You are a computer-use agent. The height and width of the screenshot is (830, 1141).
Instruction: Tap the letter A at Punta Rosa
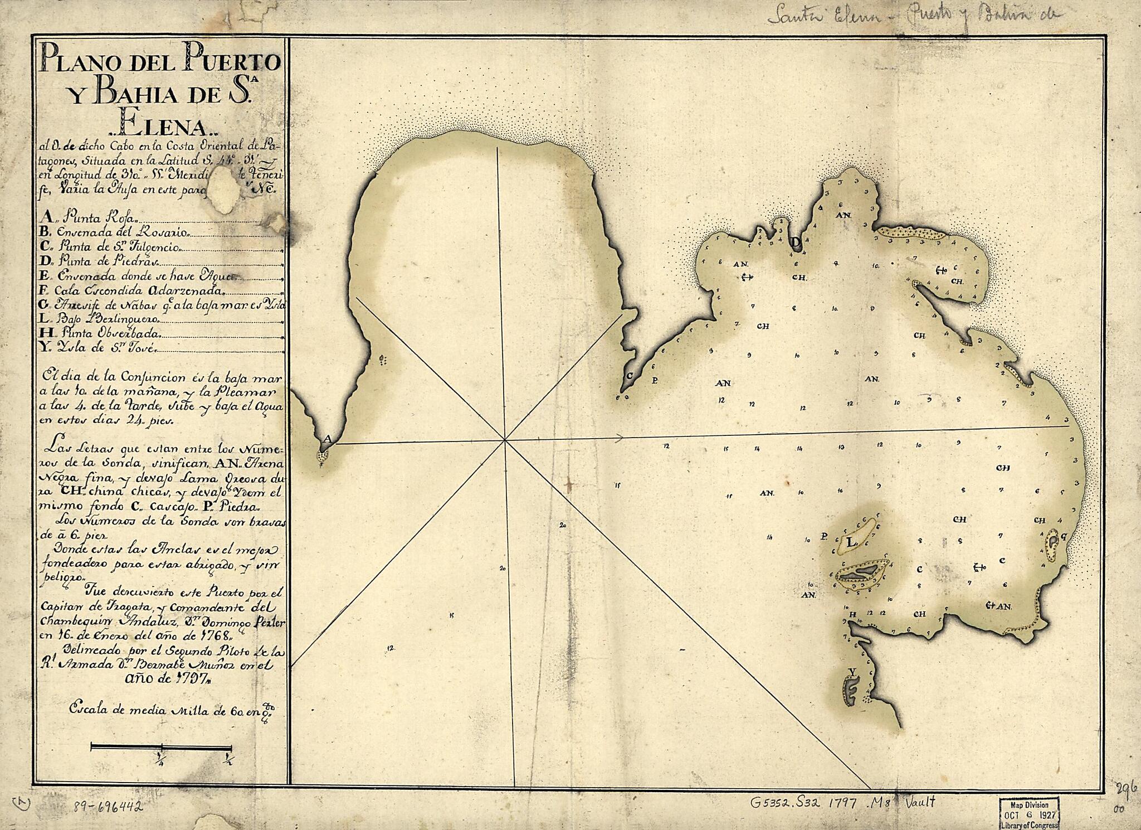[328, 439]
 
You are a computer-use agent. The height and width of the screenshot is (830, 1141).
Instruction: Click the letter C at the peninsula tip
[630, 375]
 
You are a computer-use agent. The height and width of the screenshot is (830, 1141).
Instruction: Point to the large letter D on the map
[796, 241]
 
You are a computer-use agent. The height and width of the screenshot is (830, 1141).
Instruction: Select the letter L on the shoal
[851, 542]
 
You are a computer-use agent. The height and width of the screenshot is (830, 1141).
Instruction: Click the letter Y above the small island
[851, 671]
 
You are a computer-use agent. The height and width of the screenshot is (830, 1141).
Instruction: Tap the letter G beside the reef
[1064, 536]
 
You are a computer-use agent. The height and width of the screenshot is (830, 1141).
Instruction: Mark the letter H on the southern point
[852, 615]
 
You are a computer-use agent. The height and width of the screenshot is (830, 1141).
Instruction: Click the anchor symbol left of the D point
[748, 276]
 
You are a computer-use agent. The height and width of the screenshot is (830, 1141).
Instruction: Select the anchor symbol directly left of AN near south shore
[990, 605]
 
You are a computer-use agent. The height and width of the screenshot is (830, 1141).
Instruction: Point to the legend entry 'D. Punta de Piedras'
[100, 260]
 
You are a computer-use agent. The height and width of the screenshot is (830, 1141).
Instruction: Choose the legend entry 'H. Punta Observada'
[100, 334]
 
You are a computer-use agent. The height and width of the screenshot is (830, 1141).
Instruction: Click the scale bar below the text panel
[161, 747]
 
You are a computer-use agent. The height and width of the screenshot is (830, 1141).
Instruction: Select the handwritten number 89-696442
[108, 807]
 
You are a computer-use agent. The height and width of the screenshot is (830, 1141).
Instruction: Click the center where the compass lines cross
[505, 440]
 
